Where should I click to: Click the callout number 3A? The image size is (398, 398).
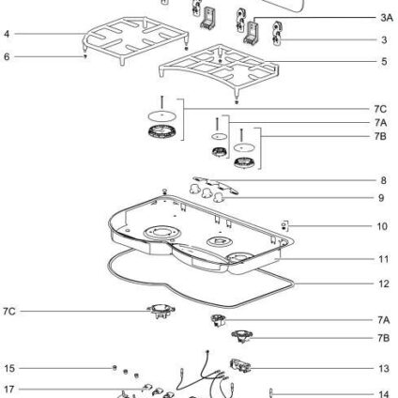[x=387, y=18]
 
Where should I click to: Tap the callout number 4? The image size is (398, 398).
[x=8, y=34]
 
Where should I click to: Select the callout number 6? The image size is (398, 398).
[x=7, y=56]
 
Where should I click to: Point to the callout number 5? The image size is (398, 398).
[x=384, y=61]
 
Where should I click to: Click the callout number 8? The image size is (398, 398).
[x=383, y=180]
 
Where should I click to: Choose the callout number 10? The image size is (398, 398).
[x=382, y=226]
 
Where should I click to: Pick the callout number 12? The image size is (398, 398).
[x=384, y=283]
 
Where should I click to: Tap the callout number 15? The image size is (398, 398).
[x=9, y=368]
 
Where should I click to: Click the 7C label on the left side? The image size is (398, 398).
[x=9, y=312]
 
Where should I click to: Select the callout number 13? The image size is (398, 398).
[x=384, y=368]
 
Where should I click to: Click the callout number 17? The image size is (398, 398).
[x=9, y=390]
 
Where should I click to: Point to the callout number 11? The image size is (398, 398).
[x=383, y=259]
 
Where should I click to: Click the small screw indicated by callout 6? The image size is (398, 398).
[x=85, y=56]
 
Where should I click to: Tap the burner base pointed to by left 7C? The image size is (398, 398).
[x=161, y=311]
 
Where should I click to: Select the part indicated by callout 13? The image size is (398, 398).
[x=240, y=365]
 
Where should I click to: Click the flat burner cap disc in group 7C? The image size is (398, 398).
[x=161, y=116]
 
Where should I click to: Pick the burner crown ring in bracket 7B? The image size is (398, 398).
[x=244, y=162]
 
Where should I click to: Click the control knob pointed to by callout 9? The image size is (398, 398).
[x=219, y=197]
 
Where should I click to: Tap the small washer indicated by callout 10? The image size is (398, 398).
[x=283, y=224]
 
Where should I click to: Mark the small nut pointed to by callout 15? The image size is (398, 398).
[x=115, y=367]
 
